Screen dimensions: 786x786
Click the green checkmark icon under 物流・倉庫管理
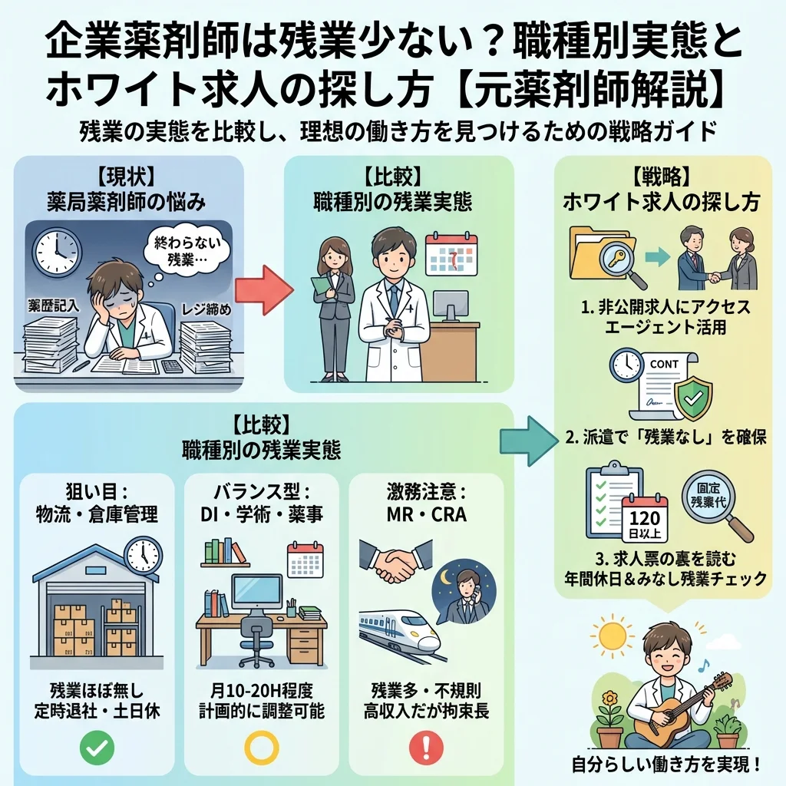point(96,746)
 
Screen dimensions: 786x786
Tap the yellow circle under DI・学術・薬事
point(261,746)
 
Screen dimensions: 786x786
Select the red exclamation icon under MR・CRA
point(426,746)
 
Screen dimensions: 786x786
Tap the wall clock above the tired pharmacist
point(56,253)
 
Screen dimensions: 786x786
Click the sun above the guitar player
point(613,636)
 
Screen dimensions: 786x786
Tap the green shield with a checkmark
point(692,395)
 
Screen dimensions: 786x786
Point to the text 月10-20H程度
point(261,689)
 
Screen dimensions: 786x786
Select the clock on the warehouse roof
point(143,553)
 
